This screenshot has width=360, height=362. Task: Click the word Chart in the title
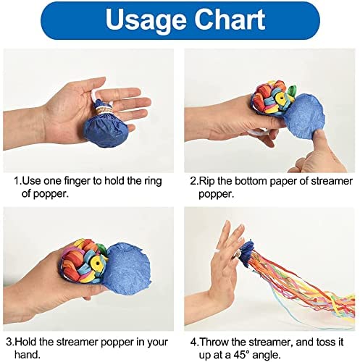230,19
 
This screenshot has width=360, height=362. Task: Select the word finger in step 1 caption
77,180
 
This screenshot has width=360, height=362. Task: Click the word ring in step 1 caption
154,181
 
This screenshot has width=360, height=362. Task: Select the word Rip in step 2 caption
207,181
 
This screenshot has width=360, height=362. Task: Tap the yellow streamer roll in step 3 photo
96,262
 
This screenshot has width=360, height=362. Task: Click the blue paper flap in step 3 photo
128,264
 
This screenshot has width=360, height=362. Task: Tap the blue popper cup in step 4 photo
246,253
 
